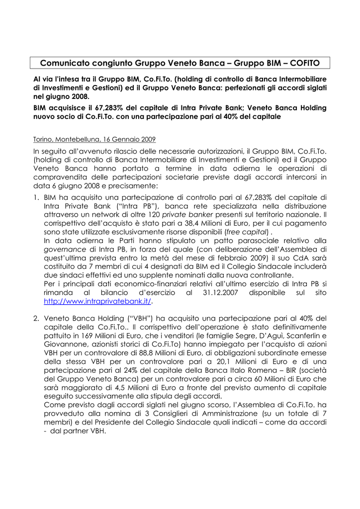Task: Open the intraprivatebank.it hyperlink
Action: [x=97, y=301]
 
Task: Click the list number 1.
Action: [x=36, y=197]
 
